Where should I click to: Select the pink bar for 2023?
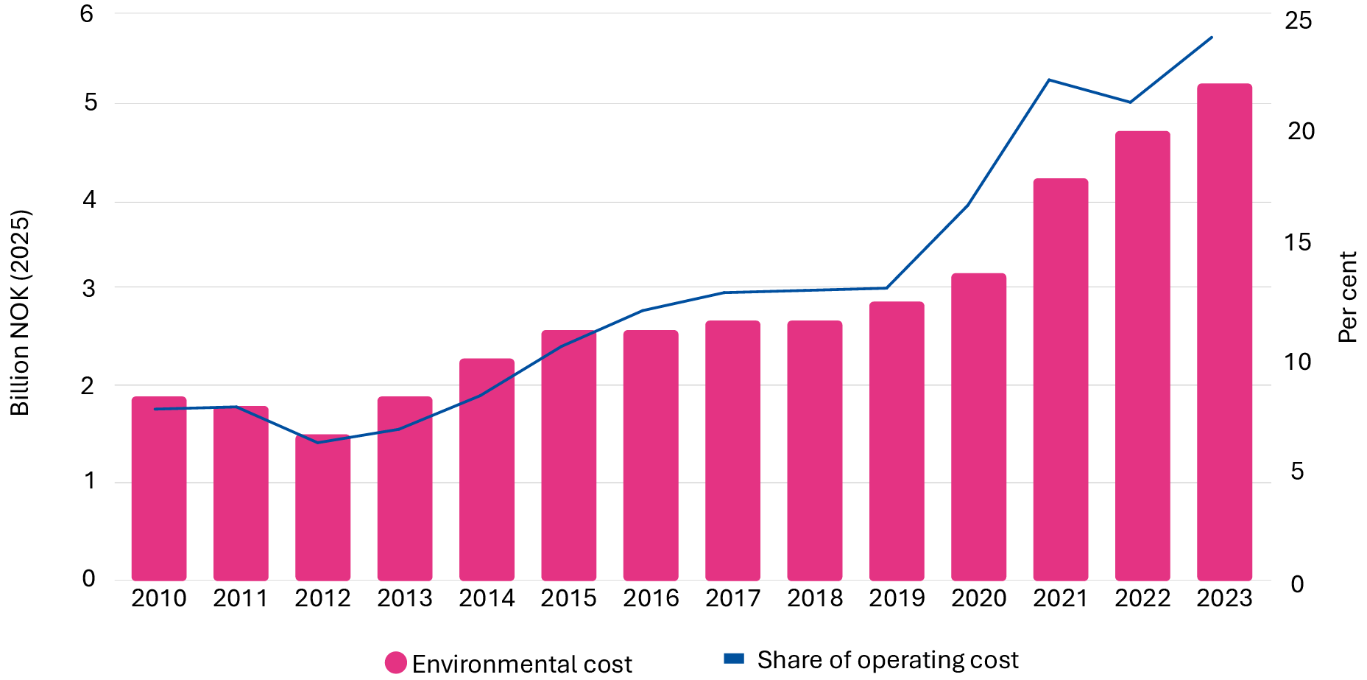1224,332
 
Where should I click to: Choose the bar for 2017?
732,449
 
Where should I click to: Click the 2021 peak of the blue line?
1049,80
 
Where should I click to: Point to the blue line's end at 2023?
1211,38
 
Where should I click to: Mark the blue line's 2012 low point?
318,442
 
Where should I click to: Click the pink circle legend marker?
396,662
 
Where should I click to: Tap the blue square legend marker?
734,659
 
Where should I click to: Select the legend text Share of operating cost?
887,659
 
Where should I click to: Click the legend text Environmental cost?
521,664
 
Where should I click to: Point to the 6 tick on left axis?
87,13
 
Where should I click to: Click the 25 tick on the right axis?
1299,21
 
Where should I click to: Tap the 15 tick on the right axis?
1299,242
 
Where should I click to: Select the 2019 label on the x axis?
896,598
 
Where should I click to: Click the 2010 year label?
158,598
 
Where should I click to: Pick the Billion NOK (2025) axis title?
20,313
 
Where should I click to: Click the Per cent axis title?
1347,297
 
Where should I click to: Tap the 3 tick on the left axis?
88,288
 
